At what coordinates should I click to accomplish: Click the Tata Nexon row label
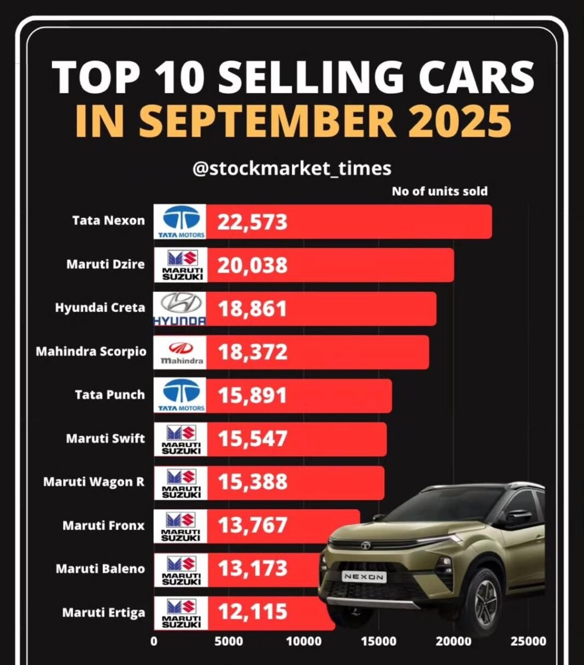[x=108, y=221]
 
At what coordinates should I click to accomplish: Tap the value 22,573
[x=253, y=222]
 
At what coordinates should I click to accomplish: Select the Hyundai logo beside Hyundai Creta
[x=180, y=309]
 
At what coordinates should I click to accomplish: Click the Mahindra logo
[x=180, y=353]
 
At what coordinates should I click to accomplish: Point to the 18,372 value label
[x=253, y=353]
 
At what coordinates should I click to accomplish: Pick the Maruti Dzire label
[x=106, y=264]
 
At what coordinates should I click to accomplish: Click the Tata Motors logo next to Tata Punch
[x=180, y=395]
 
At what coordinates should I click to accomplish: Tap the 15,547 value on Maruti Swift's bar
[x=253, y=439]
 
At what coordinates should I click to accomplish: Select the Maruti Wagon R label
[x=94, y=482]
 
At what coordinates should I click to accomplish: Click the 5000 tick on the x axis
[x=229, y=641]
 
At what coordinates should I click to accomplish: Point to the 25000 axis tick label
[x=528, y=641]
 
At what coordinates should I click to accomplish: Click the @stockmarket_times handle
[x=291, y=168]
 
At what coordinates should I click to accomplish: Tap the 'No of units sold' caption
[x=439, y=191]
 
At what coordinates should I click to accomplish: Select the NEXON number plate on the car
[x=364, y=576]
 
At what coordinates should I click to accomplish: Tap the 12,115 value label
[x=253, y=611]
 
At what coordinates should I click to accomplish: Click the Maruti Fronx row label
[x=104, y=526]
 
